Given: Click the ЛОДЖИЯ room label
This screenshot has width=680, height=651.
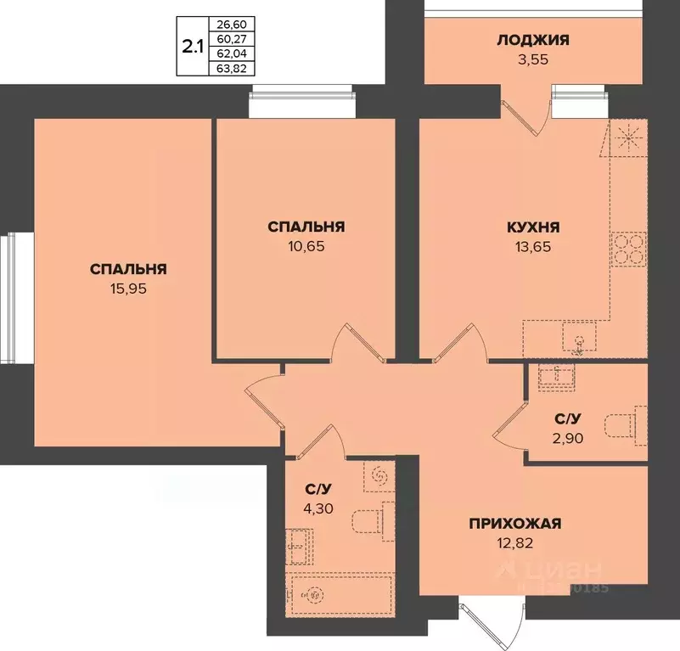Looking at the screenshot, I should (x=534, y=39).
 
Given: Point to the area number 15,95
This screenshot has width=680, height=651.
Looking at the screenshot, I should (x=127, y=289).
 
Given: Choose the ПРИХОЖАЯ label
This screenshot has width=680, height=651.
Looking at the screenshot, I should (x=515, y=524).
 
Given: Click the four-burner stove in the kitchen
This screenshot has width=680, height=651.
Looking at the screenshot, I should (x=628, y=250).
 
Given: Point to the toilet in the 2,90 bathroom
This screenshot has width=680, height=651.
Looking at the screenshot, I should (x=625, y=426).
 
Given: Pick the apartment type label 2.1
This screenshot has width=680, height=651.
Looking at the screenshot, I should (x=192, y=45).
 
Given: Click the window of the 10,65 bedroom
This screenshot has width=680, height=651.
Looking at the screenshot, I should (x=301, y=103).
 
